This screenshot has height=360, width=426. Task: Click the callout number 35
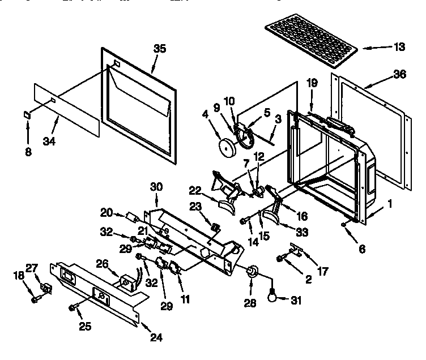pos(160,49)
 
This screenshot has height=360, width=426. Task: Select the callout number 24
pos(156,338)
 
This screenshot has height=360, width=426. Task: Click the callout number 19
pos(312,82)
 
